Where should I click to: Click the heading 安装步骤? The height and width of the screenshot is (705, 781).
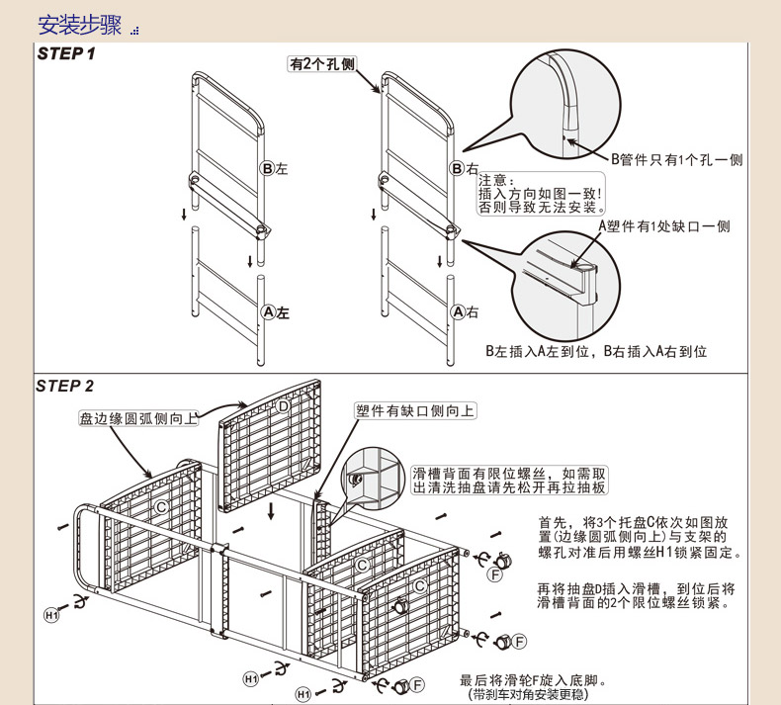click(x=79, y=25)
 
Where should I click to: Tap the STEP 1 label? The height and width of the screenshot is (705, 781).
click(x=65, y=53)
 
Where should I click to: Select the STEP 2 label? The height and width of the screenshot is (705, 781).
click(x=65, y=386)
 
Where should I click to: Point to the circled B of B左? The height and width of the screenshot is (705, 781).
click(x=267, y=169)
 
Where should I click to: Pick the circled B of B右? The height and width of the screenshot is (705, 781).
click(x=458, y=169)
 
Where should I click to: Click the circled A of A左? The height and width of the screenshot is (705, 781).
click(x=267, y=312)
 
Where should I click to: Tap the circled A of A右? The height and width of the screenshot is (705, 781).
click(x=458, y=312)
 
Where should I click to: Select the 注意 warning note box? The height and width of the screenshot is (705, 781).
click(x=540, y=194)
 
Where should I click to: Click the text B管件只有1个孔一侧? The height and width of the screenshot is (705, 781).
click(x=675, y=159)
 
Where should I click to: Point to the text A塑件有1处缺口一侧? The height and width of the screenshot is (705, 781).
click(x=663, y=226)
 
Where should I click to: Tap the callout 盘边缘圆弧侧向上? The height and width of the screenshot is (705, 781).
click(x=138, y=418)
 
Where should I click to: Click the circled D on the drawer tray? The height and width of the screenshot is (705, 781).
click(x=283, y=406)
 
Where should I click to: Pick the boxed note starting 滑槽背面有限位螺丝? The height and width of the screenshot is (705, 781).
click(x=510, y=481)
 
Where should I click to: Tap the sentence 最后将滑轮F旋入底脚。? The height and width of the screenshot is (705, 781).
click(x=532, y=680)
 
